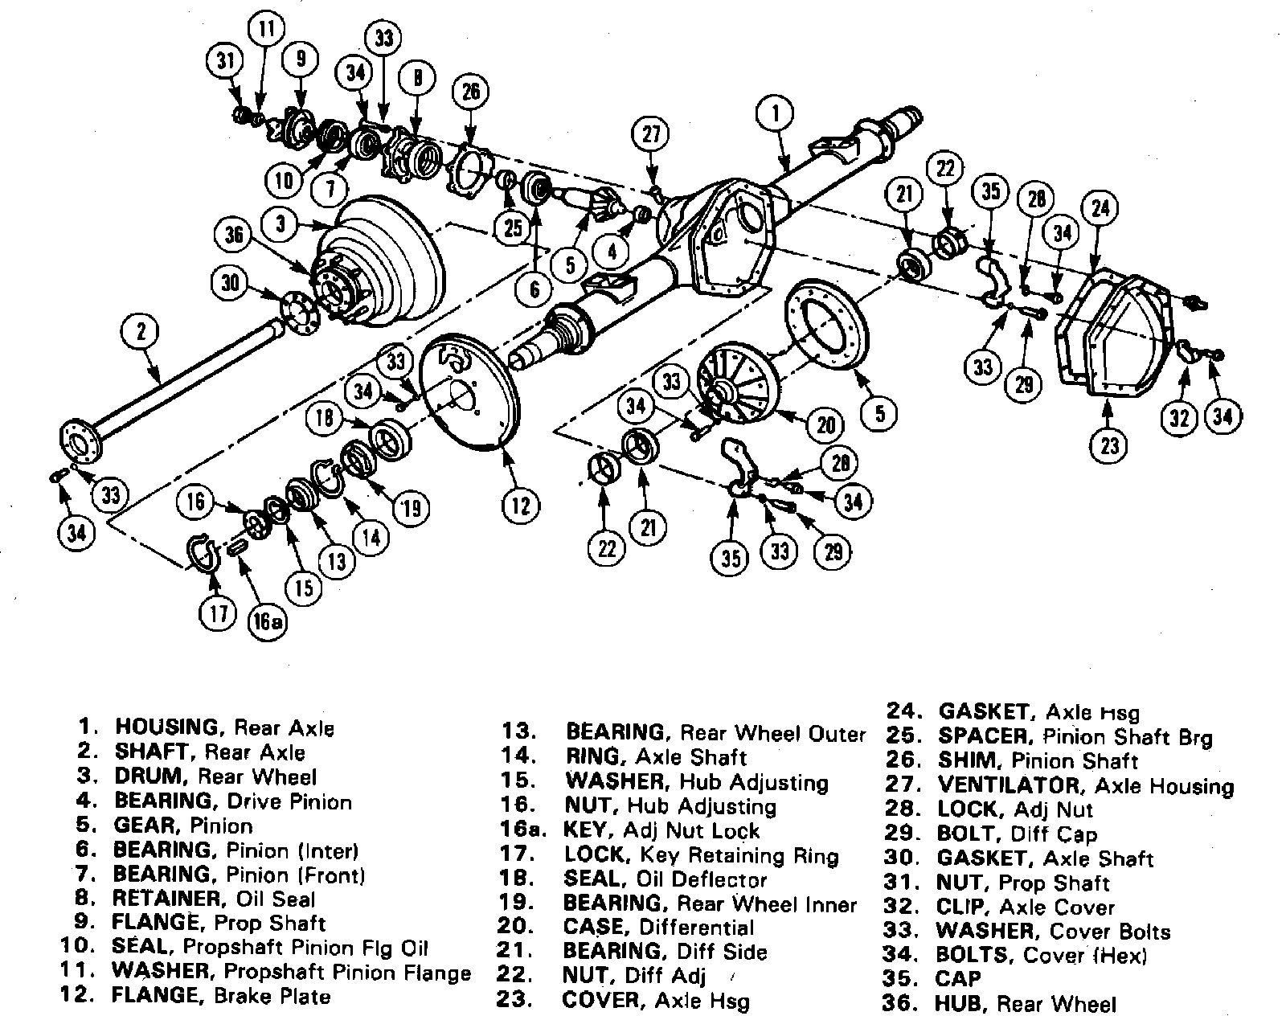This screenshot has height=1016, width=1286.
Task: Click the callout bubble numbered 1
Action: (776, 113)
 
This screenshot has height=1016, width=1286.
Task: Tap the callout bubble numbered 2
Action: (141, 331)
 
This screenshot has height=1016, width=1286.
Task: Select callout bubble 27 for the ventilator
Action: (650, 133)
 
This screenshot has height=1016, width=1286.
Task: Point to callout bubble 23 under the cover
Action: (1109, 444)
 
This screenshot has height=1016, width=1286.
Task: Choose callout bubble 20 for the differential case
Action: (826, 424)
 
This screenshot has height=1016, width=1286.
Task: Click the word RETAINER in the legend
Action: (166, 899)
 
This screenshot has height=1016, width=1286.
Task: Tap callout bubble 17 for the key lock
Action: (219, 614)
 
